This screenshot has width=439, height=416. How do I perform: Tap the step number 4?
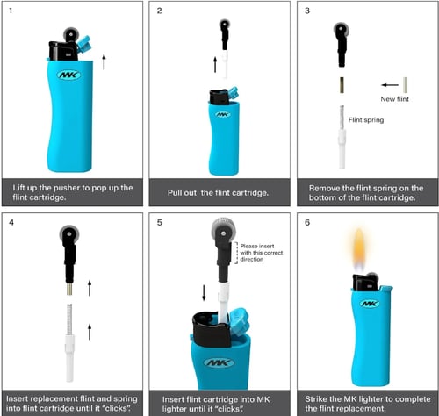pyautogui.click(x=11, y=222)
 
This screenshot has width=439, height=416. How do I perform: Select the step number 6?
pyautogui.click(x=306, y=222)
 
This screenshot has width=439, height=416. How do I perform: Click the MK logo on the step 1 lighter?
pyautogui.click(x=68, y=75)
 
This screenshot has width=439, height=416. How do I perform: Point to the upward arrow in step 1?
pyautogui.click(x=104, y=61)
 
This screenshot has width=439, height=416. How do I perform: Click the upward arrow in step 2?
pyautogui.click(x=215, y=64)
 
